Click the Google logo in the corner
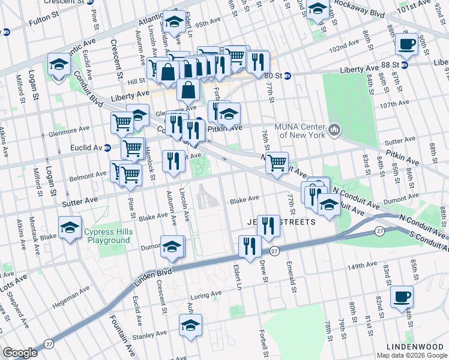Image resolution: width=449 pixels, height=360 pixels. [x=20, y=353]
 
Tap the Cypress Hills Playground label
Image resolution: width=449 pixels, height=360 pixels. [x=107, y=236]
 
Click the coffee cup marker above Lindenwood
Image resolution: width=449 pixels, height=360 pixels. [x=402, y=296]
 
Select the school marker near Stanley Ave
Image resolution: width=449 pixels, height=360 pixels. [x=190, y=325]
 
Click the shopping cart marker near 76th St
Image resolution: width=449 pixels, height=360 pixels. [x=277, y=162]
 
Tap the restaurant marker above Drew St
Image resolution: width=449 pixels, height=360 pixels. [x=268, y=225]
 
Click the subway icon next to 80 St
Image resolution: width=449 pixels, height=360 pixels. [x=288, y=76]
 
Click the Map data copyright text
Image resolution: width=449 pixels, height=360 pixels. [x=411, y=355]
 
